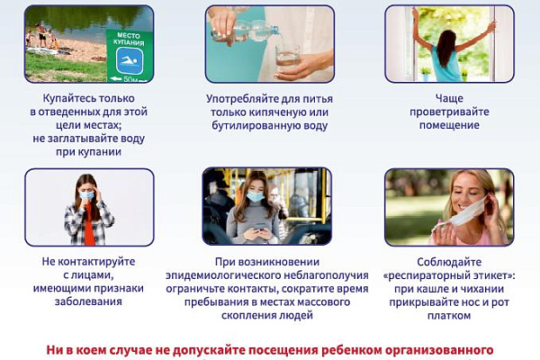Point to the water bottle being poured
coord(244,35)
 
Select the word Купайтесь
coord(64,95)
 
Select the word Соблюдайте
coord(450,262)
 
